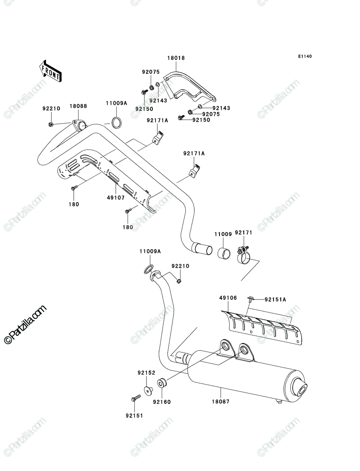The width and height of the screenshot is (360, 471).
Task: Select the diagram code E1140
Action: tap(305, 57)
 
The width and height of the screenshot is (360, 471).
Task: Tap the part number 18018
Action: tap(176, 58)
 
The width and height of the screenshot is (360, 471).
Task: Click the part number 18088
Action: tap(78, 106)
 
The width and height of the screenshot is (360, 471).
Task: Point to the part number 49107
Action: tap(116, 198)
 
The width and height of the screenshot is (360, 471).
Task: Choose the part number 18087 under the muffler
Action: tap(221, 401)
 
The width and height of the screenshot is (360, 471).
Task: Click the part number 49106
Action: tap(228, 298)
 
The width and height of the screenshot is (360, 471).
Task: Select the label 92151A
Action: tap(275, 299)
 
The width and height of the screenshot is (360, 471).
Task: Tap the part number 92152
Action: tap(146, 373)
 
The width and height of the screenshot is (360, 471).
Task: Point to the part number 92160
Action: tap(162, 402)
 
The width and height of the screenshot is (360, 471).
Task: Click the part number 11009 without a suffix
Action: tap(223, 234)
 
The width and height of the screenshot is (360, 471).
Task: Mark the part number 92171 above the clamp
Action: tap(243, 233)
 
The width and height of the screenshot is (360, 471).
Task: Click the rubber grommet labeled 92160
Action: tap(162, 383)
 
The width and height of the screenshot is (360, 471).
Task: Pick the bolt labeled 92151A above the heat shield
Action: tap(250, 299)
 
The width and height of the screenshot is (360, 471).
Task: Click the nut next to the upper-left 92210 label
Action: tap(51, 124)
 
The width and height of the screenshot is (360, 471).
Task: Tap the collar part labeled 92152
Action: tap(148, 390)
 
